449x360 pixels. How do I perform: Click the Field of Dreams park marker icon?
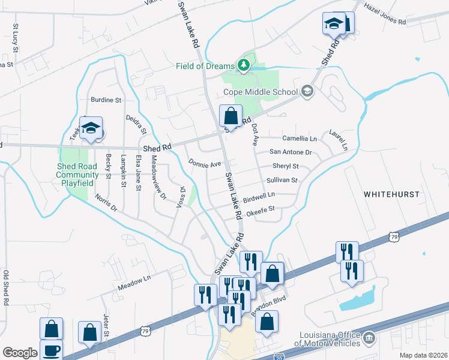(243, 65)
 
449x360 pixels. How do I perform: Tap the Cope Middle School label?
(261, 92)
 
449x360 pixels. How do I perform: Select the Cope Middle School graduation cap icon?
(307, 91)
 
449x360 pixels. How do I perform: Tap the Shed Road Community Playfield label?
(78, 174)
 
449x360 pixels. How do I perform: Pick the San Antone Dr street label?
(291, 152)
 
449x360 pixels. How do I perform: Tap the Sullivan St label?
(282, 180)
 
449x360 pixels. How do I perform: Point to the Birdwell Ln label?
(259, 195)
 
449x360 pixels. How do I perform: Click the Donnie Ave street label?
(205, 163)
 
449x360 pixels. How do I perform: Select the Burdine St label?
(106, 100)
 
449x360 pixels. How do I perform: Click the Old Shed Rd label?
(6, 288)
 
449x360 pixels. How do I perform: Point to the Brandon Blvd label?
(270, 302)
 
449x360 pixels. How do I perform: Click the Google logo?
(20, 353)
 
